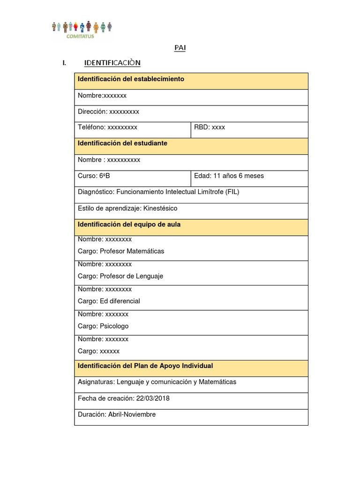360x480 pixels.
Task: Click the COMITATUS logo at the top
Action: pos(82,29)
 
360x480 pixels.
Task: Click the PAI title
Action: pos(180,48)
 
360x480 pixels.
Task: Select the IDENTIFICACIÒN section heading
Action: pos(112,63)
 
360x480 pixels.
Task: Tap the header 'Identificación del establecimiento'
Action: pos(131,79)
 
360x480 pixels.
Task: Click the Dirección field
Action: pos(108,112)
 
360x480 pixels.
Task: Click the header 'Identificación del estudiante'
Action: pos(122,143)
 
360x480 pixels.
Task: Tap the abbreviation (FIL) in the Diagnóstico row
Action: pos(232,192)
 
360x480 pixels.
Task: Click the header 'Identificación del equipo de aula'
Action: pos(129,225)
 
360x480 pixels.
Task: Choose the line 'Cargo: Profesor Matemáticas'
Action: pos(121,251)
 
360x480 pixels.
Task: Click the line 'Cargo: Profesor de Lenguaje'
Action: pos(120,276)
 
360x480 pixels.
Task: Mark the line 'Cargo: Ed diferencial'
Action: pos(109,301)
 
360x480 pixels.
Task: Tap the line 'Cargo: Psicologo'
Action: pos(103,326)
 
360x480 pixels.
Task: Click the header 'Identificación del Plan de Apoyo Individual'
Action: pos(145,366)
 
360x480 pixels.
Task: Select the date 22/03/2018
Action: pos(153,398)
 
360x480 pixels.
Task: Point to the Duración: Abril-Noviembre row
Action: pos(117,414)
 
